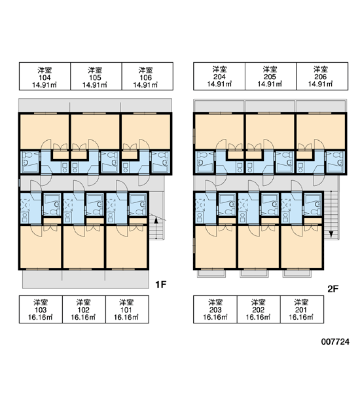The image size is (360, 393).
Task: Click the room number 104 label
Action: [45, 76]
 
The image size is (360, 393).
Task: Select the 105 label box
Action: [96, 76]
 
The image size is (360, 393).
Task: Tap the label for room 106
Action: [147, 76]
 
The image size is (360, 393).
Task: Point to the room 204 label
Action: [219, 76]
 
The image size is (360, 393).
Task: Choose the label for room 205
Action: [271, 76]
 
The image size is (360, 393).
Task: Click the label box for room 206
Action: [322, 76]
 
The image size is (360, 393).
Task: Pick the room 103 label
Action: [41, 309]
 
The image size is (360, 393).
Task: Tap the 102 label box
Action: [84, 309]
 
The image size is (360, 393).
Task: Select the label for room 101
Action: [127, 309]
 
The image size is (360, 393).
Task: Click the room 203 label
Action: [215, 309]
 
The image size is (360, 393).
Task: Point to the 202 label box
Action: [259, 309]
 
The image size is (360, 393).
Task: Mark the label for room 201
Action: [302, 309]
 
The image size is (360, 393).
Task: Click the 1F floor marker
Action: [161, 284]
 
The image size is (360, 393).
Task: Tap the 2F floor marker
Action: [333, 289]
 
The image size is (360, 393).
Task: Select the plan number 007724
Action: [335, 342]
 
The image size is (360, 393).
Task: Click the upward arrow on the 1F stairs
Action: [156, 228]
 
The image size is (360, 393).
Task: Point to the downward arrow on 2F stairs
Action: [331, 214]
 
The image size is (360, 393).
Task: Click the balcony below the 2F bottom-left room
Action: [211, 273]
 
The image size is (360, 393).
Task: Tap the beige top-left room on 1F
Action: [45, 132]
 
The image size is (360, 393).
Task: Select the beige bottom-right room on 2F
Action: [301, 247]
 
